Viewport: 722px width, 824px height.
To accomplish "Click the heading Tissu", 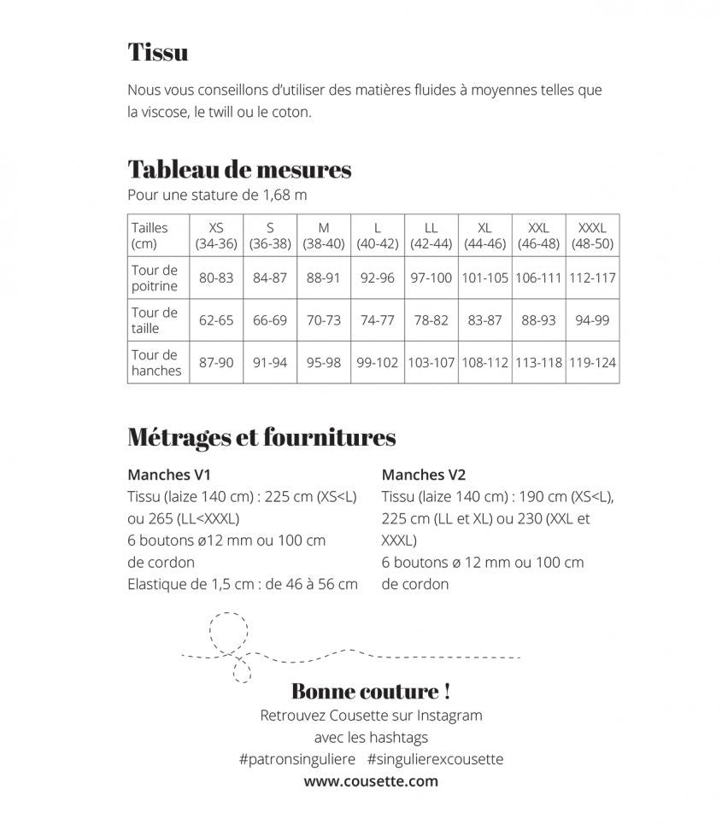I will [158, 52].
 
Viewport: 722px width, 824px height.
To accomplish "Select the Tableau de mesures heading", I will [239, 169].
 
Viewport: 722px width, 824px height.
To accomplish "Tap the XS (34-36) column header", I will [216, 236].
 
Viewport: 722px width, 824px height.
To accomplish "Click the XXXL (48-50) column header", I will [592, 236].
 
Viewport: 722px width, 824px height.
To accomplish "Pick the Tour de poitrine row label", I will [156, 278].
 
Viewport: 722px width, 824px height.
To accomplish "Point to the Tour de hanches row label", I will [156, 363].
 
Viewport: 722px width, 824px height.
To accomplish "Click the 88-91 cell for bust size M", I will [324, 278].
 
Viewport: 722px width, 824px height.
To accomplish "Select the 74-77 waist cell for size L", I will [378, 320].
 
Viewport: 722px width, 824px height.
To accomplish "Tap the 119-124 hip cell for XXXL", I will [592, 363].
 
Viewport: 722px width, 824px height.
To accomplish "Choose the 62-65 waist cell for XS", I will [216, 320].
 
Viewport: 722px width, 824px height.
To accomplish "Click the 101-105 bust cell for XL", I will [484, 278].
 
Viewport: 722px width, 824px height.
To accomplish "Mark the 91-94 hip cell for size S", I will [270, 363].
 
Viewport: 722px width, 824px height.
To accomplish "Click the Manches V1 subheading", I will [169, 475].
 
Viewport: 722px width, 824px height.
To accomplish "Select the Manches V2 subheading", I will [424, 475].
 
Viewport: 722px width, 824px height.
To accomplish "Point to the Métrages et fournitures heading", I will [261, 438].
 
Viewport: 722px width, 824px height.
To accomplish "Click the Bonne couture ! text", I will [371, 691].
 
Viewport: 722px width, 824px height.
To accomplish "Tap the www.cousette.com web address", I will [371, 781].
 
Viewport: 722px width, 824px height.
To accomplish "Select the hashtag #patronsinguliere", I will [297, 759].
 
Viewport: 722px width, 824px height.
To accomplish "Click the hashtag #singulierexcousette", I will [436, 759].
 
